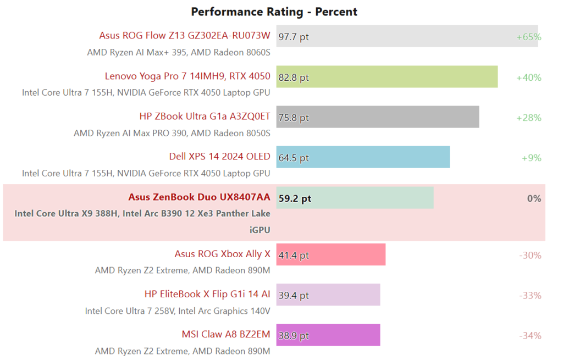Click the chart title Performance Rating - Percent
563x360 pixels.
pyautogui.click(x=274, y=12)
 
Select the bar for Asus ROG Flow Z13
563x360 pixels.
pyautogui.click(x=407, y=36)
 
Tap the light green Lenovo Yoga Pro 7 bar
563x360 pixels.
pyautogui.click(x=387, y=77)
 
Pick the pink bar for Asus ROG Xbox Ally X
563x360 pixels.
pyautogui.click(x=330, y=255)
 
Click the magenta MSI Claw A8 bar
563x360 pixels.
pyautogui.click(x=328, y=335)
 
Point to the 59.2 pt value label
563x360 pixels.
pyautogui.click(x=295, y=198)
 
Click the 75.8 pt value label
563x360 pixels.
pyautogui.click(x=294, y=118)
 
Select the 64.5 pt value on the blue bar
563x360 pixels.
pyautogui.click(x=294, y=158)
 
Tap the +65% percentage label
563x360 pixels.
pyautogui.click(x=528, y=37)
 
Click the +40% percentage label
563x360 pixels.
pyautogui.click(x=528, y=77)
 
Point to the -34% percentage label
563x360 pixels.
pyautogui.click(x=530, y=336)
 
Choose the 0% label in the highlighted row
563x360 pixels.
pyautogui.click(x=534, y=198)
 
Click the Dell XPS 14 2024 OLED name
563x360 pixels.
pyautogui.click(x=219, y=157)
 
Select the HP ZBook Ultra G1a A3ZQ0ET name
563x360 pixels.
pyautogui.click(x=205, y=117)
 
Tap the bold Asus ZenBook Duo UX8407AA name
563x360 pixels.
pyautogui.click(x=199, y=197)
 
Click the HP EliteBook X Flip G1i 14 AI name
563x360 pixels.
pyautogui.click(x=207, y=295)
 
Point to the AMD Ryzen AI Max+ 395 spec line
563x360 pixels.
pyautogui.click(x=179, y=53)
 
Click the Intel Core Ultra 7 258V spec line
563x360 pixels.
pyautogui.click(x=178, y=311)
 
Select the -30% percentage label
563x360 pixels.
pyautogui.click(x=530, y=256)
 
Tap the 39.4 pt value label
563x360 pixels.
pyautogui.click(x=294, y=296)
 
